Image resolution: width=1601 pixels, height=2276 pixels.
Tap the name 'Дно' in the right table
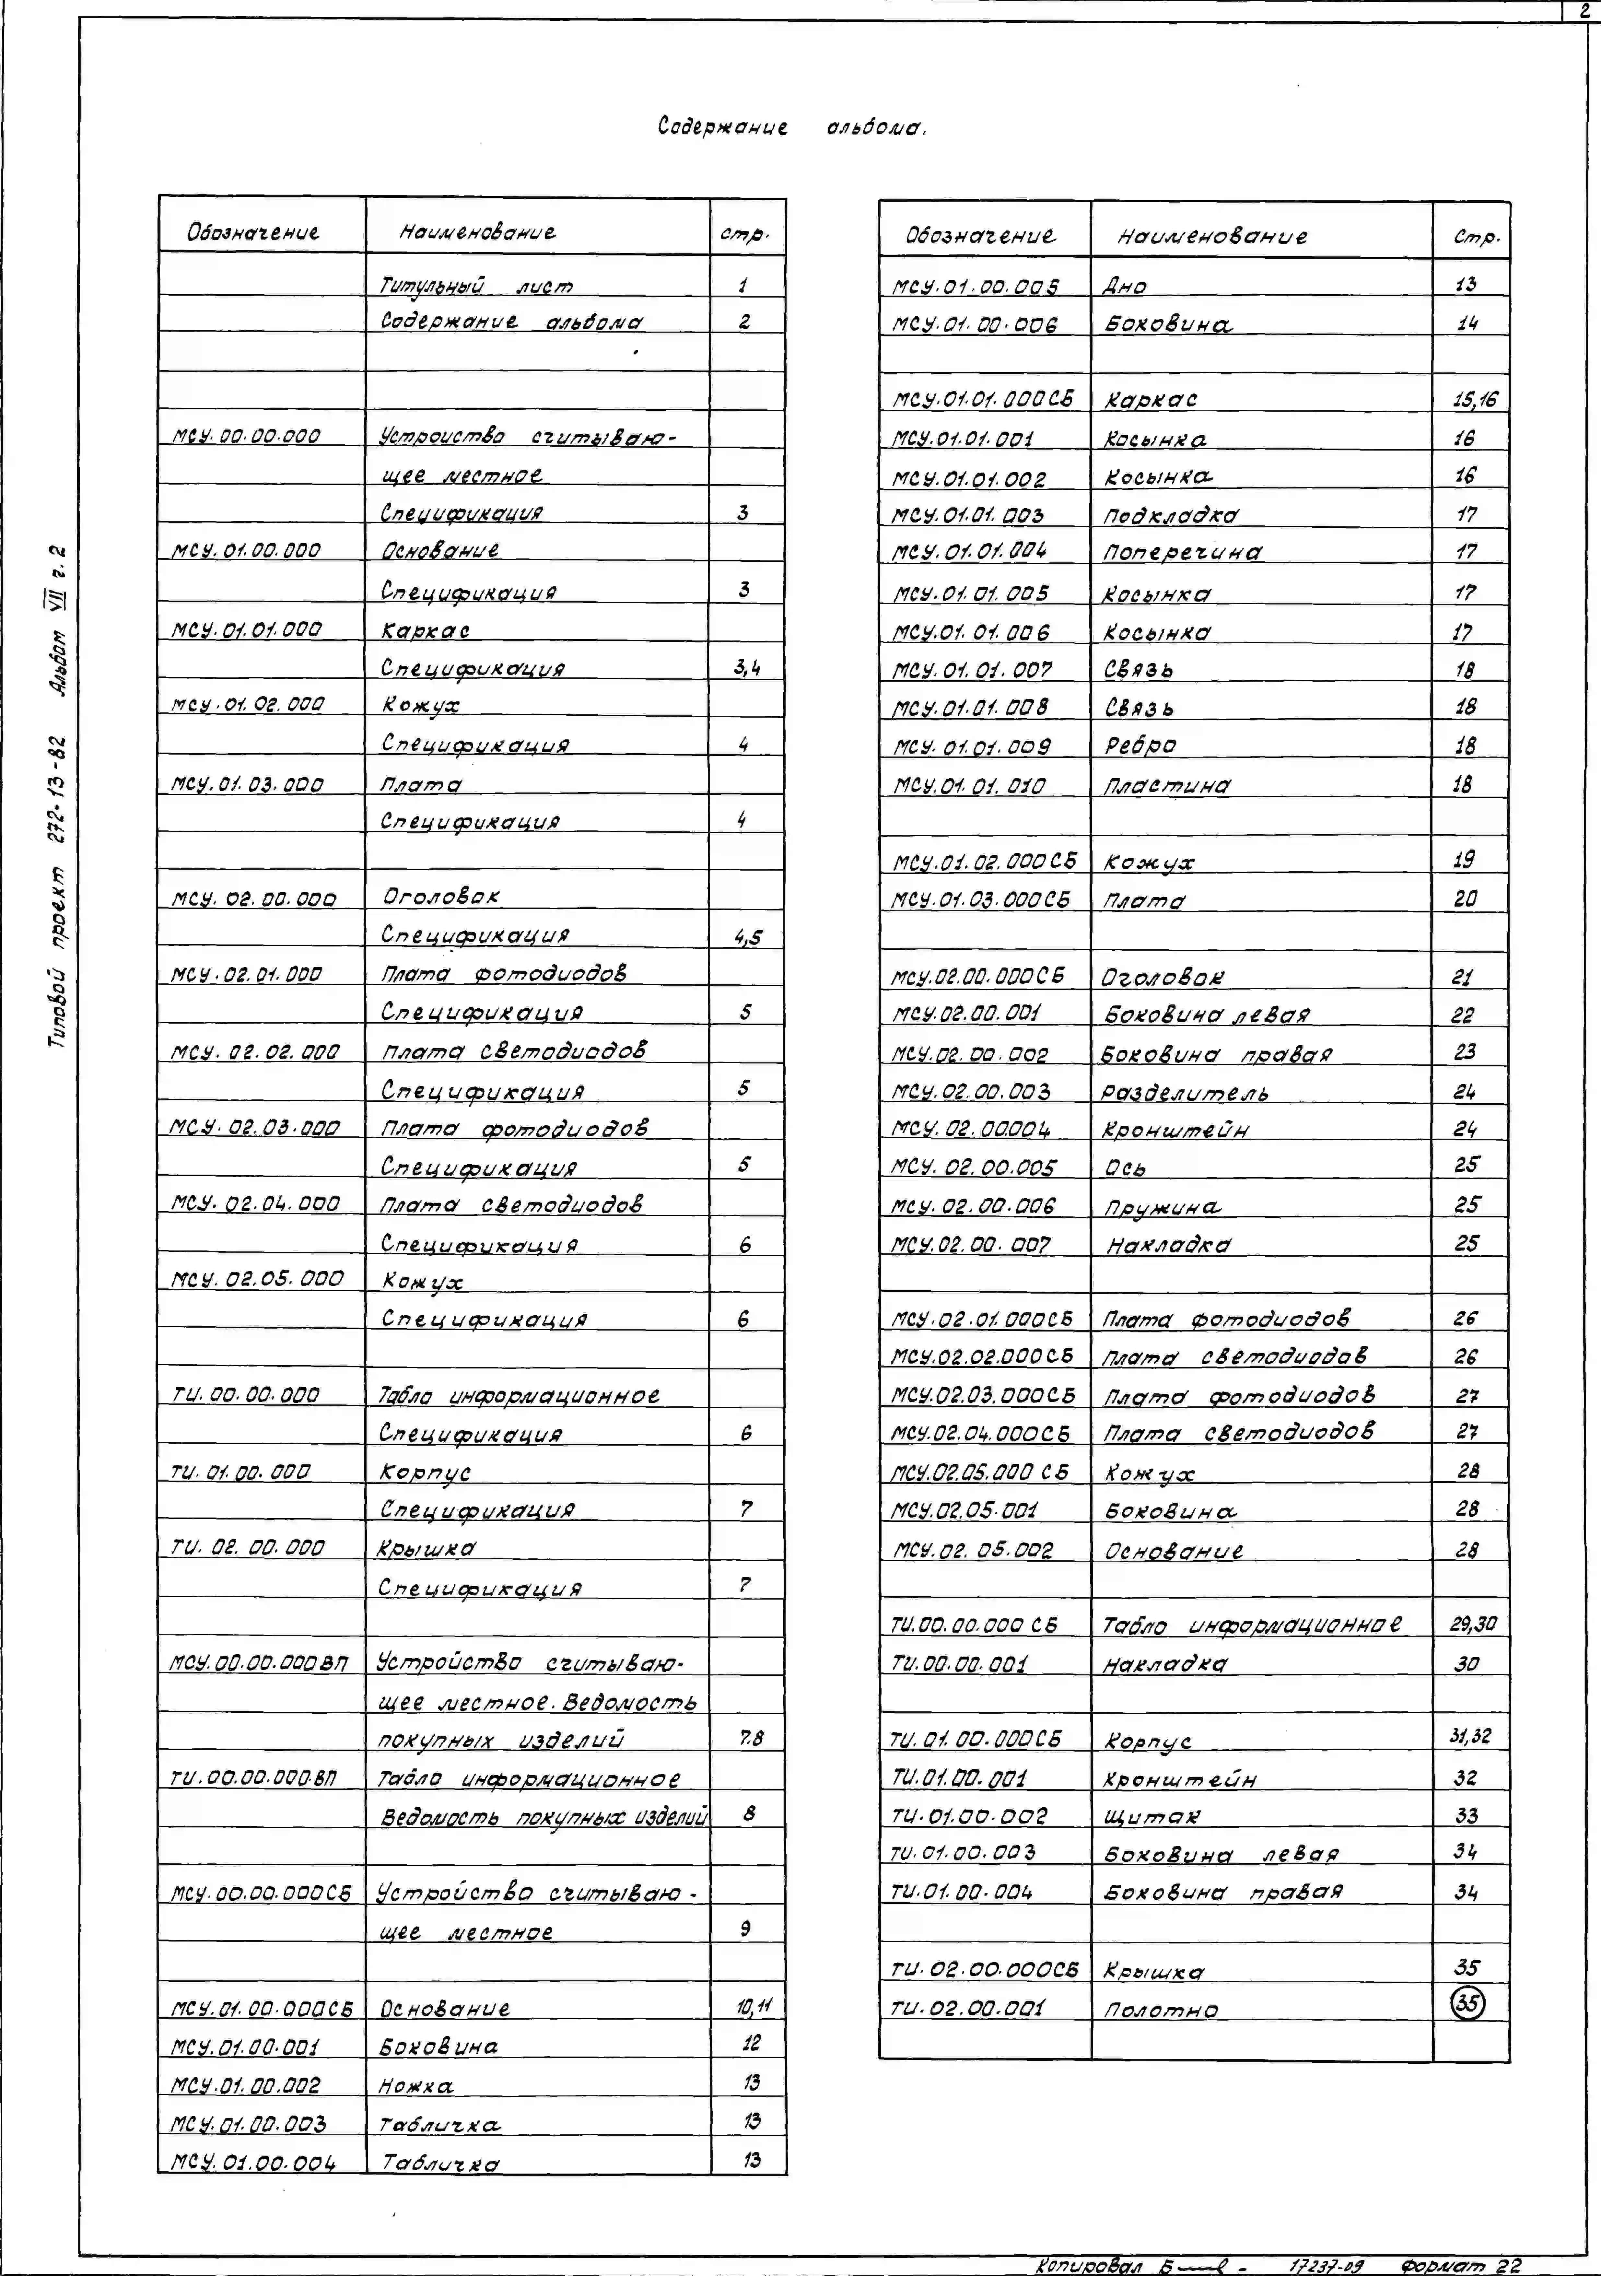pos(1125,287)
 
